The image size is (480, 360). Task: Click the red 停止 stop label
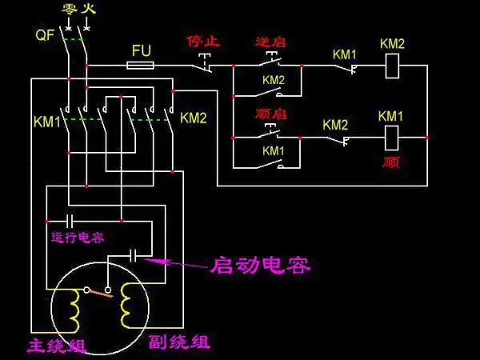tap(202, 40)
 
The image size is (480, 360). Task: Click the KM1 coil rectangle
tap(390, 138)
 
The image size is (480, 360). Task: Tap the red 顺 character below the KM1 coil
tap(391, 162)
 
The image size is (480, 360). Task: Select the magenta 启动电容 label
tap(260, 265)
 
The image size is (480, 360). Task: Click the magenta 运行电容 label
tap(77, 238)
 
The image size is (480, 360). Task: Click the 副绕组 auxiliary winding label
tap(180, 342)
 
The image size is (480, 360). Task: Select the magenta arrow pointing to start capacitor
tap(176, 261)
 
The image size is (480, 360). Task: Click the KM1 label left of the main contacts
tap(46, 121)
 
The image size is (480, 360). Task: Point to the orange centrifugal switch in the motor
tap(101, 292)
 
